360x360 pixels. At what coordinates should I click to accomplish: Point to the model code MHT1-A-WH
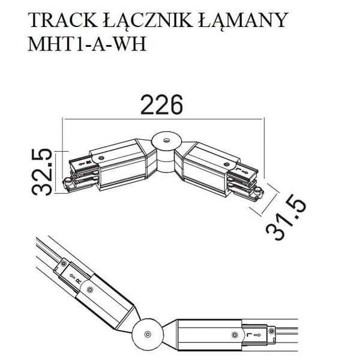[x=88, y=46]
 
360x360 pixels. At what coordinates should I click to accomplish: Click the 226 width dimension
[x=161, y=106]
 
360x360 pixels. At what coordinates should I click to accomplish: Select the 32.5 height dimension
[x=41, y=173]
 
